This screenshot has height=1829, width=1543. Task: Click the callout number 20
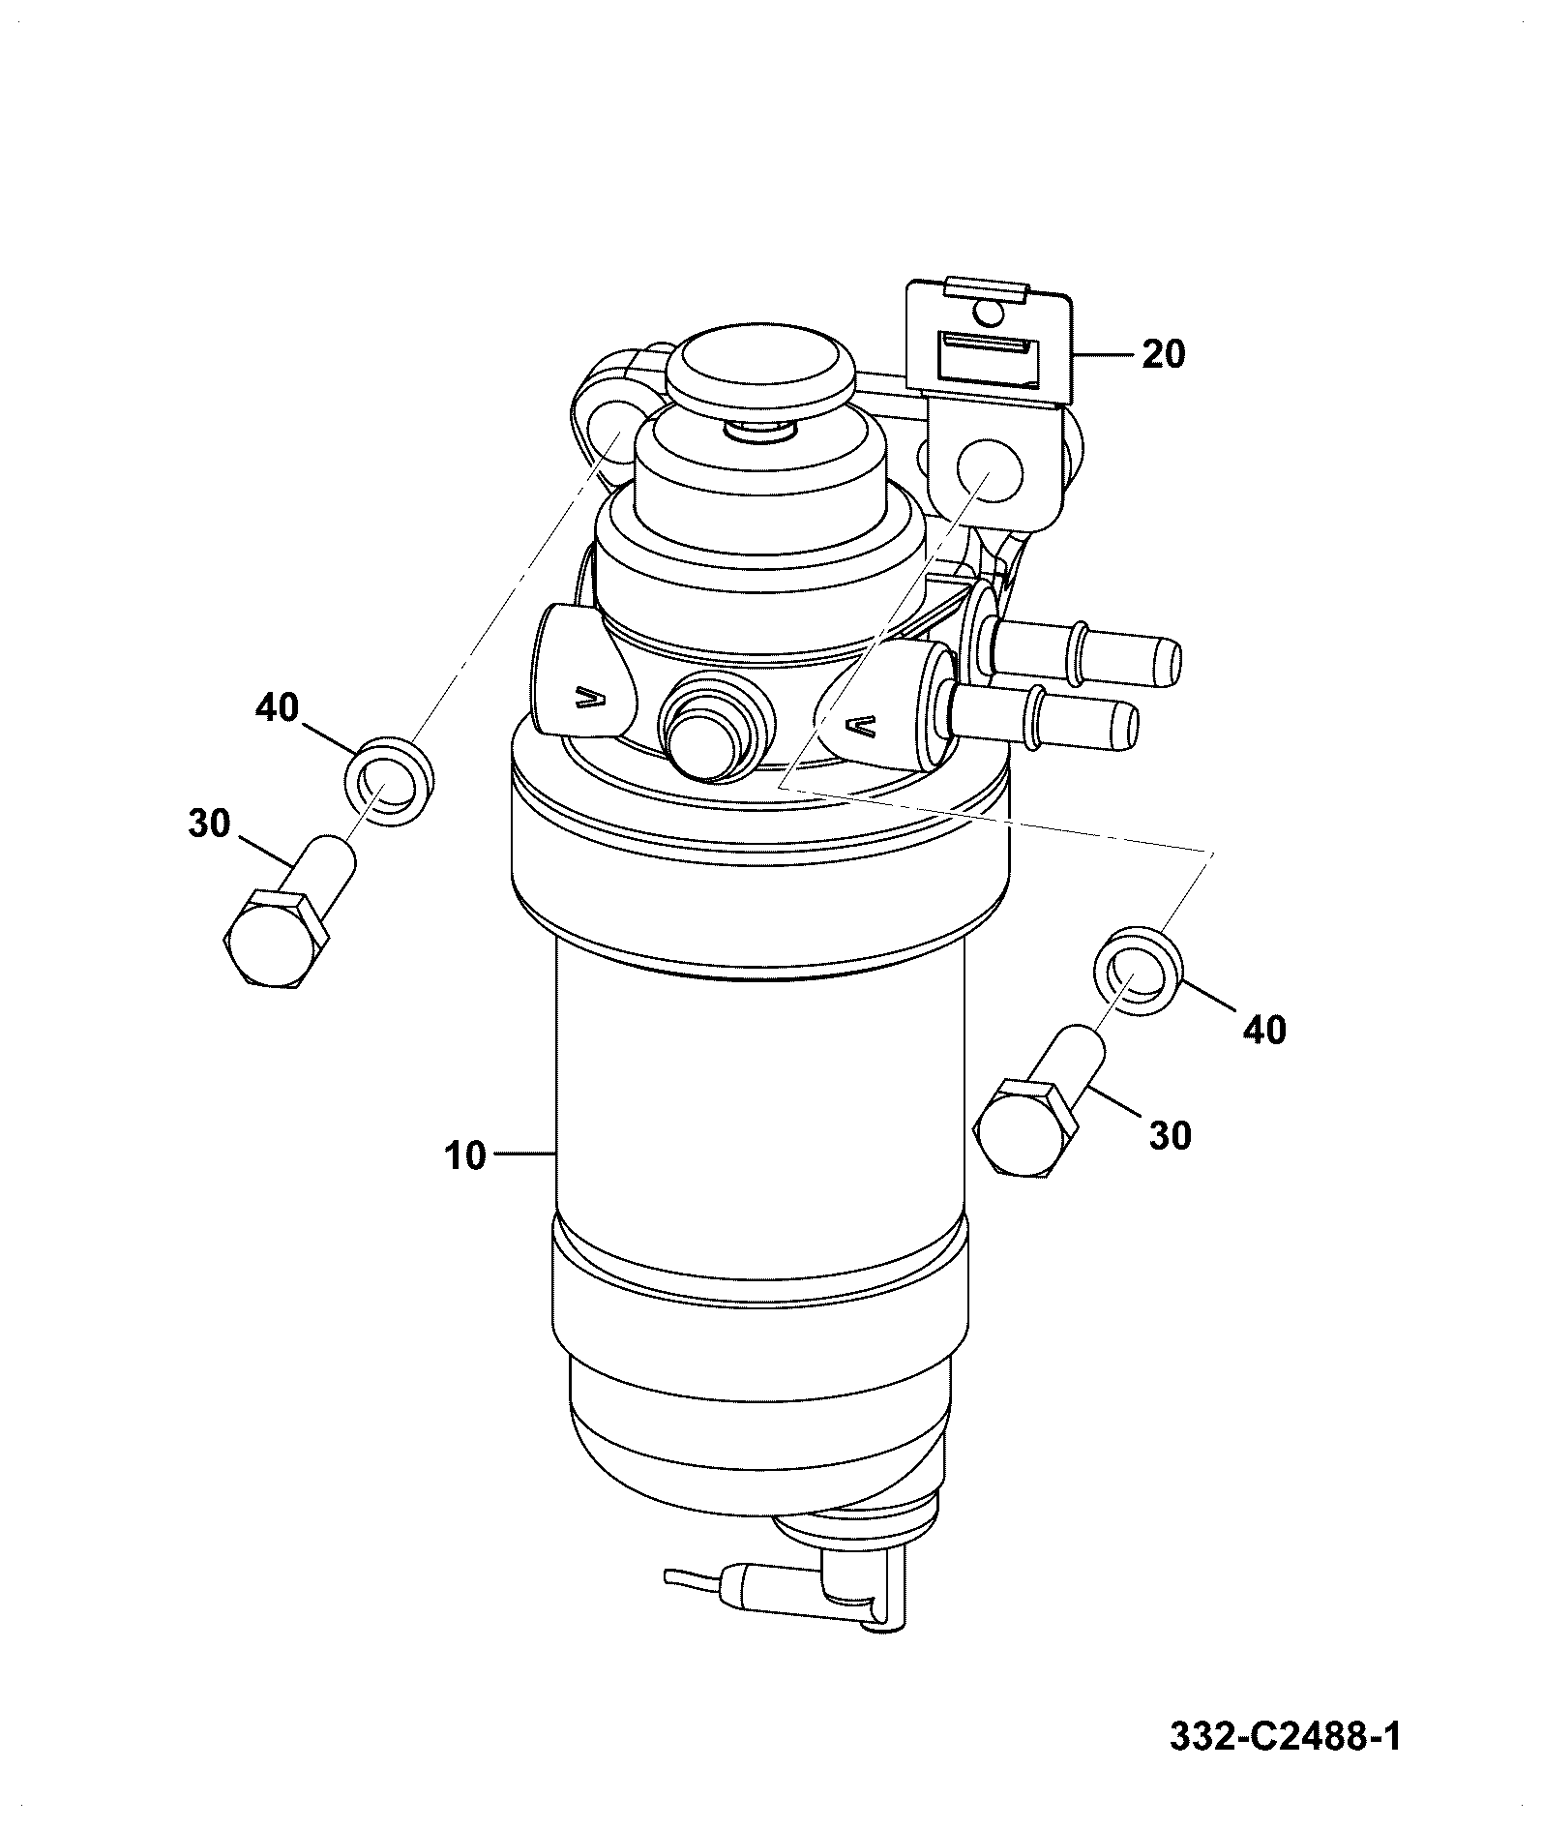1163,354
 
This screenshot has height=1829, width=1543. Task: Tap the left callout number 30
209,825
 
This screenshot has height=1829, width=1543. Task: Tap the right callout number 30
1170,1134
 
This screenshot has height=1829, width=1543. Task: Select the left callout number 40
278,708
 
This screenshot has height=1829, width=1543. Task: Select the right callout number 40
1264,1030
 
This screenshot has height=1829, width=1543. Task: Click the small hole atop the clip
987,312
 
